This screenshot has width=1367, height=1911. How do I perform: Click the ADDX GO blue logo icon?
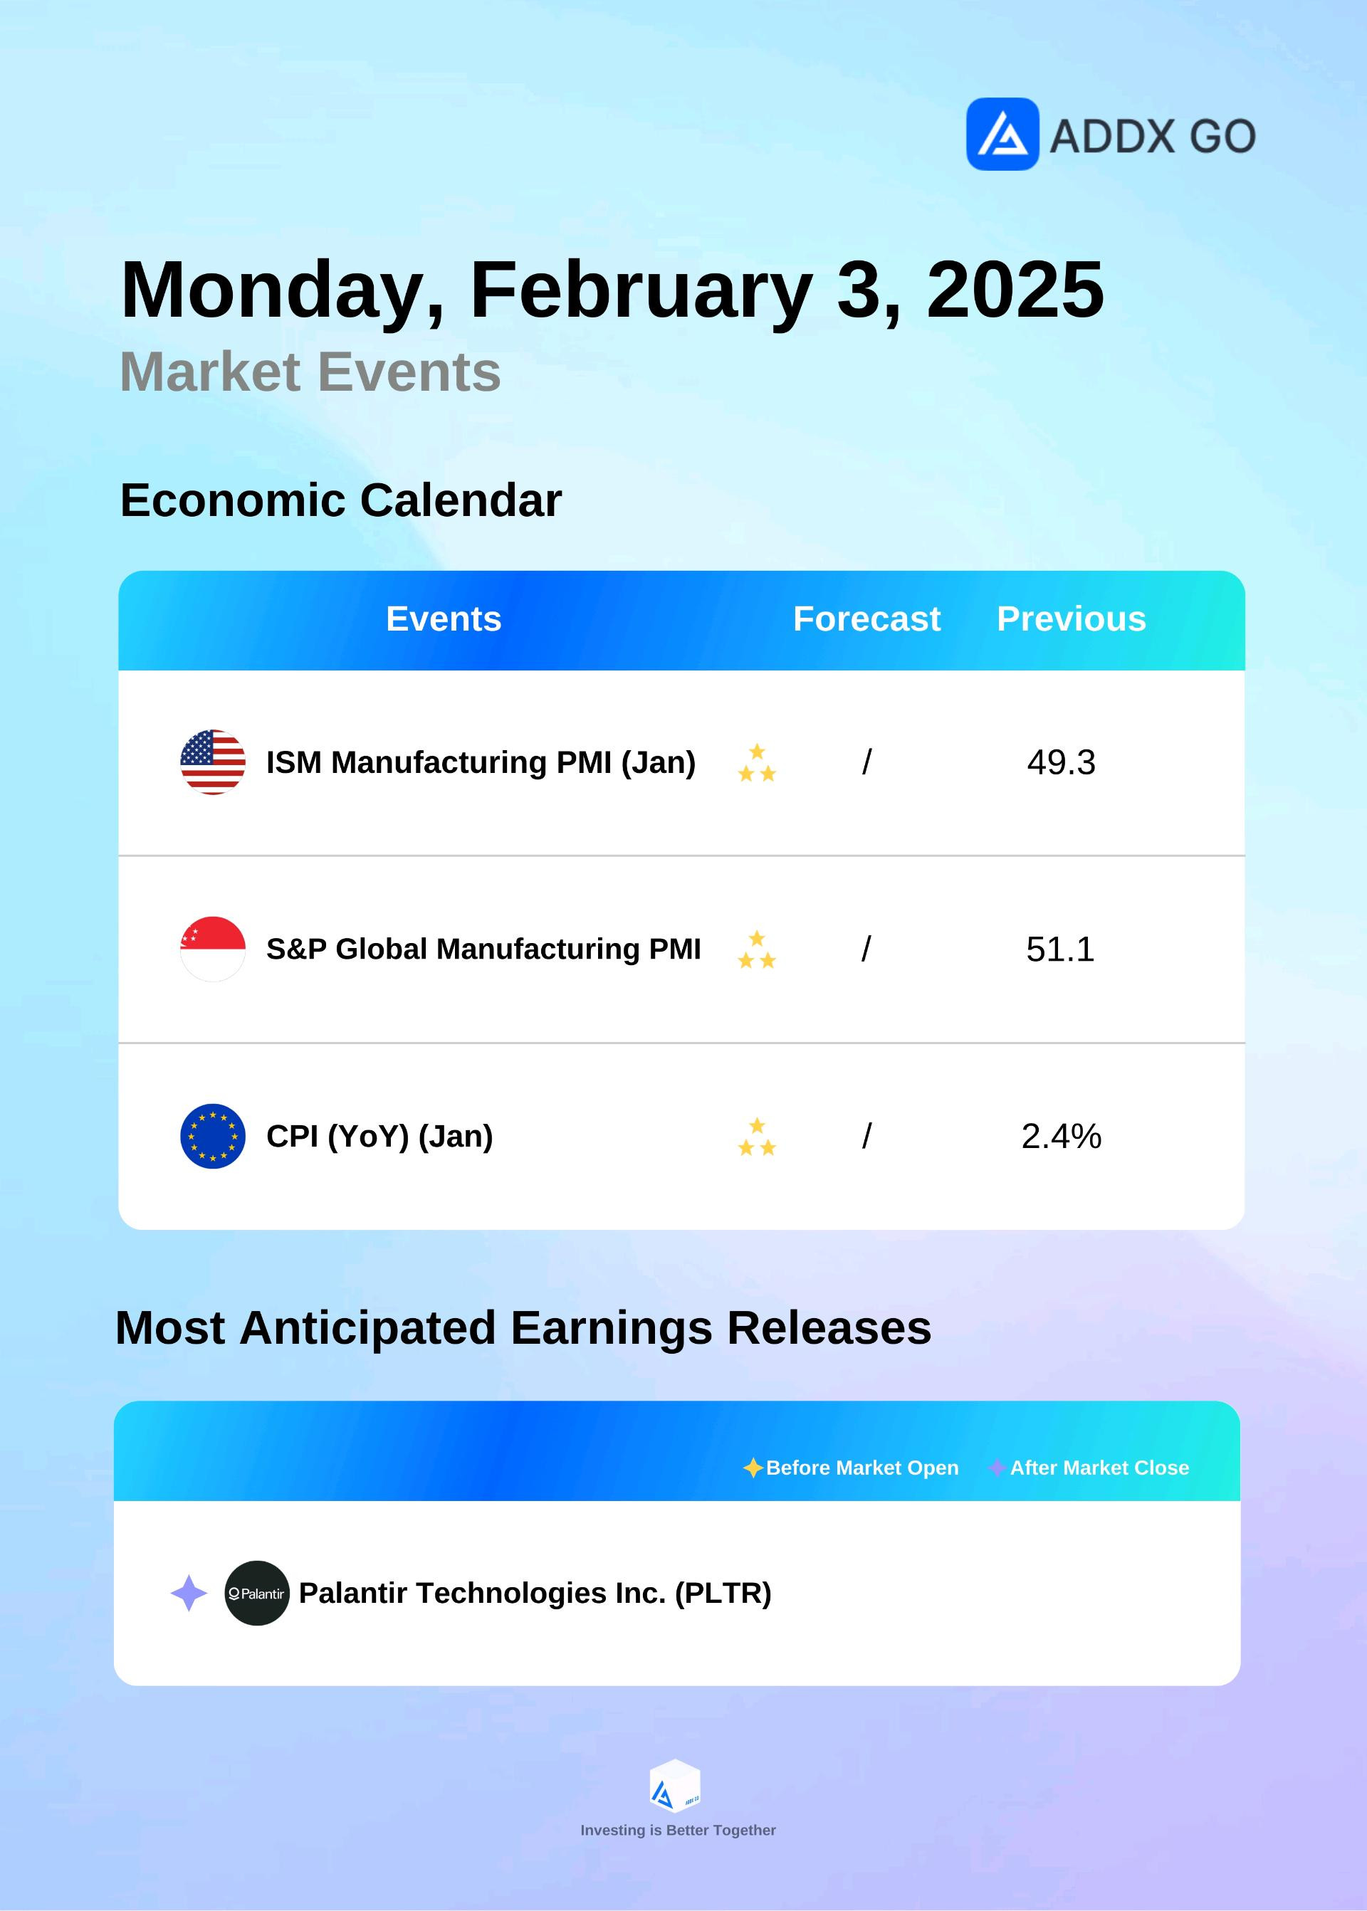[x=1002, y=134]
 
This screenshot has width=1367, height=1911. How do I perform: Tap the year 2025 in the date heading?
[x=1015, y=290]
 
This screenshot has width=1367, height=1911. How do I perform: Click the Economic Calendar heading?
[x=341, y=500]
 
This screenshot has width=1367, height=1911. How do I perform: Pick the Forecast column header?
[x=866, y=618]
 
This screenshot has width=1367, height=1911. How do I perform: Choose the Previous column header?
[x=1072, y=618]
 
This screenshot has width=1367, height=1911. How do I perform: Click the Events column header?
[x=444, y=618]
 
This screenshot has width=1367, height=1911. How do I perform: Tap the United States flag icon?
[x=213, y=762]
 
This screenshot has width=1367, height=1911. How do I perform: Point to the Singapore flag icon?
[x=213, y=948]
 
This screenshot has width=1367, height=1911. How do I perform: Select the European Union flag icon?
[x=213, y=1135]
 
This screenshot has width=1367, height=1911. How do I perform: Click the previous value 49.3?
[x=1062, y=762]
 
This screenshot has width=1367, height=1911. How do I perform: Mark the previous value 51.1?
[x=1059, y=949]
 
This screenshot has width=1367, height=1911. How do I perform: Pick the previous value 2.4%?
[x=1062, y=1136]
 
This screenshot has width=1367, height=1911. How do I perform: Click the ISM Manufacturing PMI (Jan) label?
[x=481, y=762]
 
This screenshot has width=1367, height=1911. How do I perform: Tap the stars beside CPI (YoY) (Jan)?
[x=757, y=1136]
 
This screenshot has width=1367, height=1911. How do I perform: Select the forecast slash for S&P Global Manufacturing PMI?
[x=866, y=949]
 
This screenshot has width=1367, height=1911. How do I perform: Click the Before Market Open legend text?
[x=862, y=1468]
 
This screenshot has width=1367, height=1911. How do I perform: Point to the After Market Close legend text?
[x=1099, y=1468]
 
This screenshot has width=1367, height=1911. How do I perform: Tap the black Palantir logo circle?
[x=257, y=1593]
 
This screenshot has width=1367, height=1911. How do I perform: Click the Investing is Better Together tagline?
[x=679, y=1830]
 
